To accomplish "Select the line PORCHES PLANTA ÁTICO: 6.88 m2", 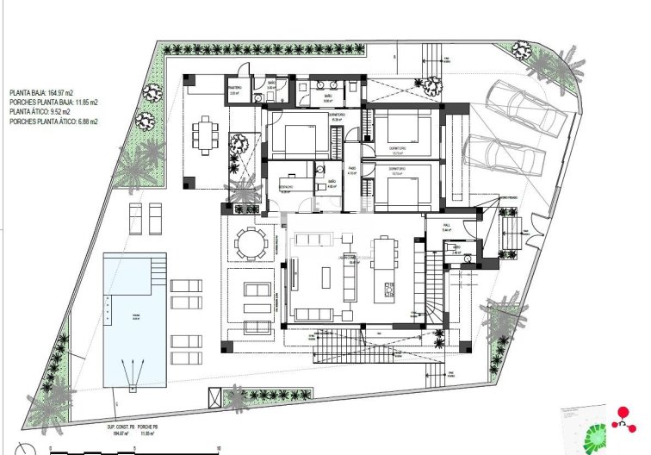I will (53, 122).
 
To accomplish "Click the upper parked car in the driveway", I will (525, 110).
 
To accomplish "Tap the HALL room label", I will (446, 229).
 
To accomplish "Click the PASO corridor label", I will (351, 170).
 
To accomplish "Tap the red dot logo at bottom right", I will (624, 414).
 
